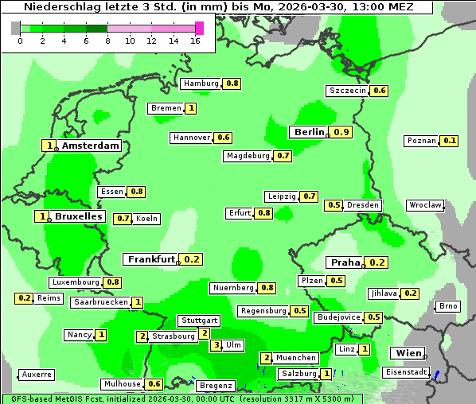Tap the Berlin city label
coord(309,132)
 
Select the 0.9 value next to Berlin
coord(342,132)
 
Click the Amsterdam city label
coord(90,146)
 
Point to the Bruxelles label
coord(78,216)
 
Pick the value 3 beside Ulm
coord(216,345)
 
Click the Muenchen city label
coord(297,358)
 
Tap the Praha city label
coord(345,262)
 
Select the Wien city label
coord(406,353)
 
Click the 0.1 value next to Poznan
coord(450,141)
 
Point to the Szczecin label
coord(348,91)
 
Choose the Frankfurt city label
coord(150,259)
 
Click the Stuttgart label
coord(199,320)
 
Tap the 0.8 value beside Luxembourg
coord(112,282)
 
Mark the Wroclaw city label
coord(425,205)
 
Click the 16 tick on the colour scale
coord(196,41)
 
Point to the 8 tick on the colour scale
coord(107,41)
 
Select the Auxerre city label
coord(37,374)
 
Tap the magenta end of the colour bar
coord(199,28)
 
